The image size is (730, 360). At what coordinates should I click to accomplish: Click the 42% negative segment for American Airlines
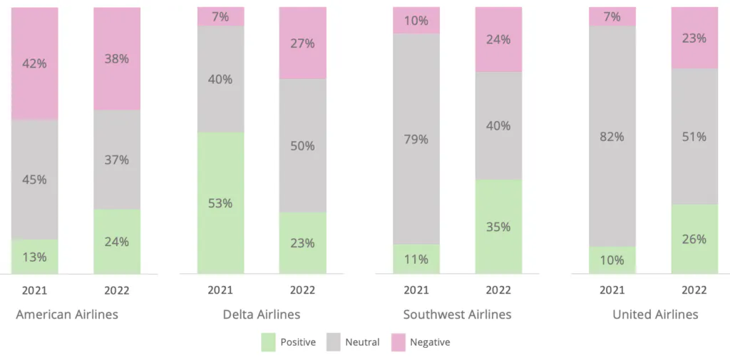(x=34, y=63)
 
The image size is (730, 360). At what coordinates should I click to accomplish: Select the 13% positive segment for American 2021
(x=34, y=257)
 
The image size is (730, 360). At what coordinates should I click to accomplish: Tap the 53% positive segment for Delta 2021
(x=220, y=203)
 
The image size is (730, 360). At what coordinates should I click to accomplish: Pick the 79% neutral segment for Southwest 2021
(x=416, y=139)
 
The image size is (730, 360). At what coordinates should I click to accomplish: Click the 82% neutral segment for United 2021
(x=612, y=136)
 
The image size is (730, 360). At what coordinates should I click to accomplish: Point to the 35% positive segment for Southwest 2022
(x=498, y=227)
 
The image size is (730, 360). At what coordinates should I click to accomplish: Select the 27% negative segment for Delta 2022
(x=302, y=43)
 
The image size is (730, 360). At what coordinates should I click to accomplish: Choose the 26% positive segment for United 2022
(x=694, y=239)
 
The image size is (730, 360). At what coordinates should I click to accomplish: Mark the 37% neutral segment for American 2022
(x=116, y=160)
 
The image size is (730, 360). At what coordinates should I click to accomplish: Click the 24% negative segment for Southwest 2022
(x=498, y=39)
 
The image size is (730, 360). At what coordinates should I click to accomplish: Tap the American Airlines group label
(x=67, y=314)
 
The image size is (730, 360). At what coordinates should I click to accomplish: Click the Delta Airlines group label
(x=262, y=314)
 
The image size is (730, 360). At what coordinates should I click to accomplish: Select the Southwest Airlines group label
(x=457, y=314)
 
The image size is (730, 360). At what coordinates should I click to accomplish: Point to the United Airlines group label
(x=655, y=314)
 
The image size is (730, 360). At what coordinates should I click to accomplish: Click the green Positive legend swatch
(x=268, y=342)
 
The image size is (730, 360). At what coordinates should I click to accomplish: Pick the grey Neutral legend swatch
(x=333, y=342)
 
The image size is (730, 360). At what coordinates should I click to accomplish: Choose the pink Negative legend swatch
(x=398, y=342)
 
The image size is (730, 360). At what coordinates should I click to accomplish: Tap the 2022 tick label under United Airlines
(x=694, y=290)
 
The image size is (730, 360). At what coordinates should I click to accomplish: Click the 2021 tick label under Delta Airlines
(x=220, y=290)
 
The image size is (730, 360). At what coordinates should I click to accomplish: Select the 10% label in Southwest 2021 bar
(x=416, y=21)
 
